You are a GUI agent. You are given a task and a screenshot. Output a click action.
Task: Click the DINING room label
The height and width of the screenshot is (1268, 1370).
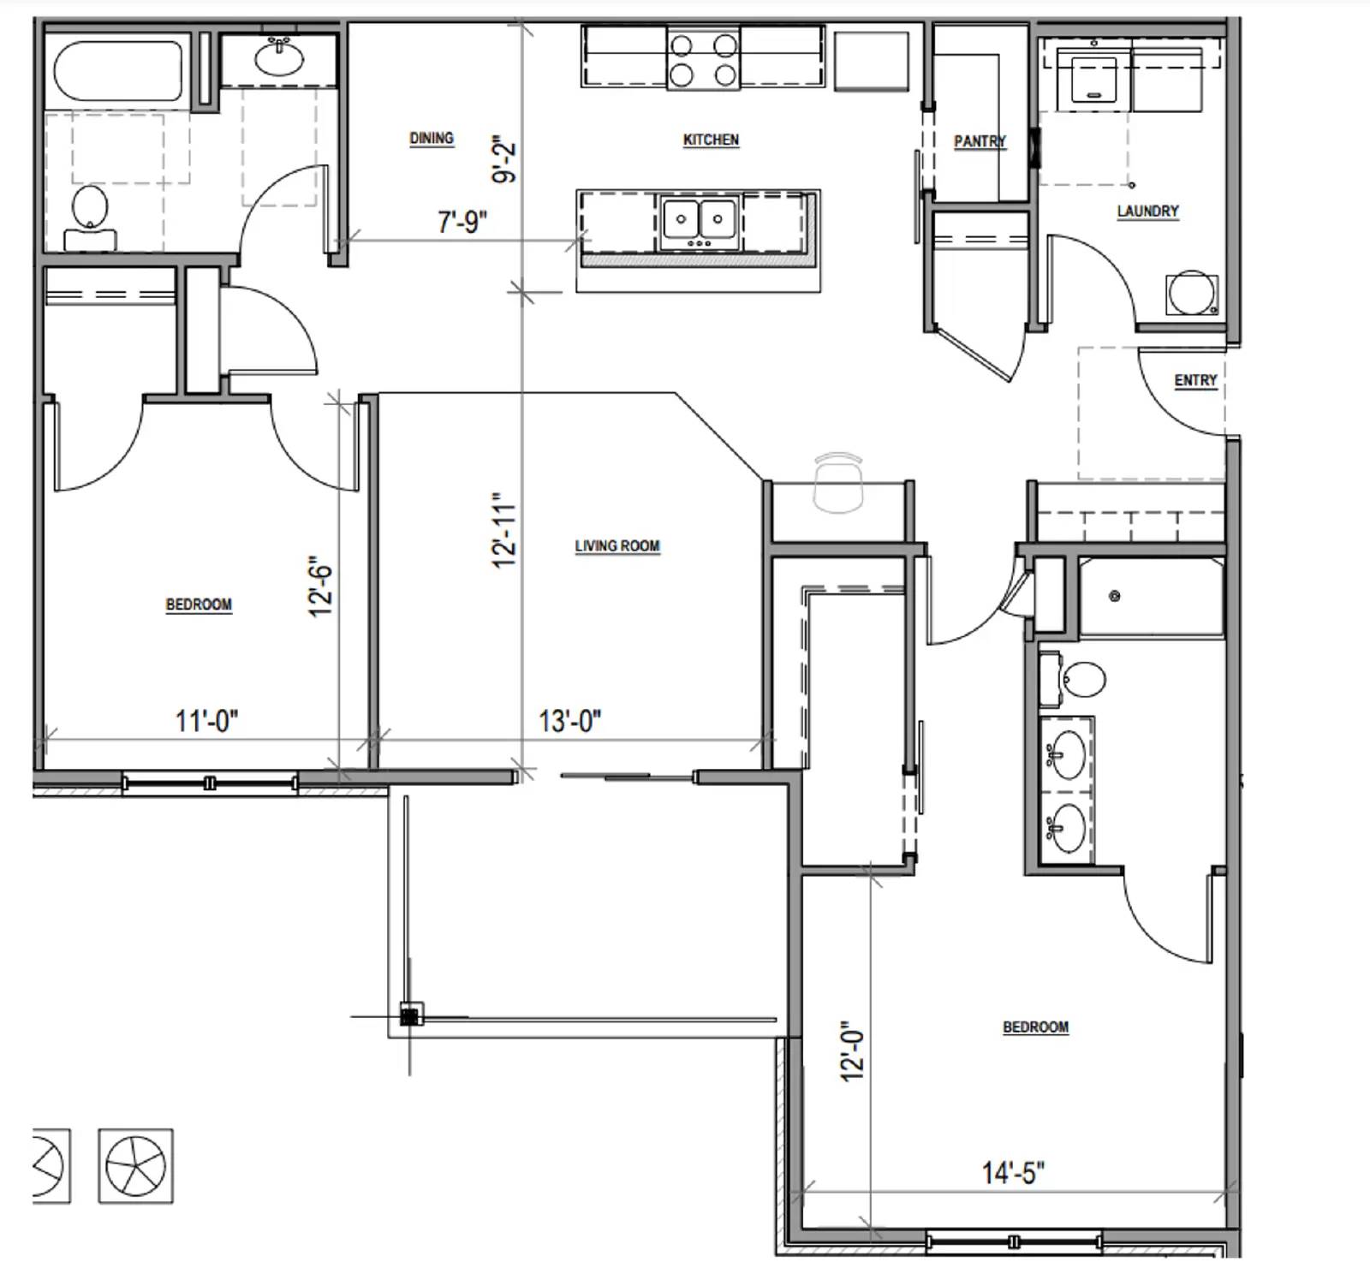431,138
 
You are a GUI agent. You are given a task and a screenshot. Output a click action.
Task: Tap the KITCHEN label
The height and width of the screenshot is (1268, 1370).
711,140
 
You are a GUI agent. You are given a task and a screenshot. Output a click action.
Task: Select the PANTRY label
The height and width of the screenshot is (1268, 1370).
980,141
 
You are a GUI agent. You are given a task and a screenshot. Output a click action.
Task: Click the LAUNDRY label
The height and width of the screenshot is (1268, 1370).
1147,211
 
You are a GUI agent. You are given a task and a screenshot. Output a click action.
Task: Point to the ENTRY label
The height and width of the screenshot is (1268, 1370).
1195,380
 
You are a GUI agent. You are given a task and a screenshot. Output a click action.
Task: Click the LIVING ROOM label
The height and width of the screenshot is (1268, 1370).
616,545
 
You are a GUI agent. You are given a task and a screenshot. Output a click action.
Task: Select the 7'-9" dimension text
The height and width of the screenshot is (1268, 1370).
462,223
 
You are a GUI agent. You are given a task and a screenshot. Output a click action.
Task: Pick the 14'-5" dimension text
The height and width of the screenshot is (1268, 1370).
1013,1172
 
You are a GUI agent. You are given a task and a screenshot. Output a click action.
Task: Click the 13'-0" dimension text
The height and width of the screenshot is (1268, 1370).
569,721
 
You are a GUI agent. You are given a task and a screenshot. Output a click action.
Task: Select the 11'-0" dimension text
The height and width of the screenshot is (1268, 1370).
206,721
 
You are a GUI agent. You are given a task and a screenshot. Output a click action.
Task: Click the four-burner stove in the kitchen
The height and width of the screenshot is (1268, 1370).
703,58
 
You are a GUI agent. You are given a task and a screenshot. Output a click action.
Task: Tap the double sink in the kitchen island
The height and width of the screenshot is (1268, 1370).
700,221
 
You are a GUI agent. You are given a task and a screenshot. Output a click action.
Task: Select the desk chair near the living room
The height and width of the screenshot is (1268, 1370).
837,483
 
